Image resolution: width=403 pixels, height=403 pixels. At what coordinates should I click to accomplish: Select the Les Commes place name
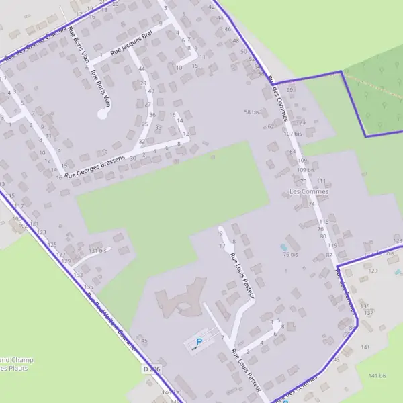(308, 191)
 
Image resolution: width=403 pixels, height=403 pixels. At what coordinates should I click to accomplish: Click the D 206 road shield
(152, 369)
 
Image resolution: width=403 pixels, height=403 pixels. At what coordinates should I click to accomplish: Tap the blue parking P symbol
(199, 342)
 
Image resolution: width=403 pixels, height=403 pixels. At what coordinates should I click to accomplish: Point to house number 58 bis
(251, 112)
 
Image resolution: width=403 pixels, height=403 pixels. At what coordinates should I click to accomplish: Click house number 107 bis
(293, 134)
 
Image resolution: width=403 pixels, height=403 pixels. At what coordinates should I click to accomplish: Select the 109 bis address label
(306, 170)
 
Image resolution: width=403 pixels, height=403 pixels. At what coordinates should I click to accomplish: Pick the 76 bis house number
(290, 255)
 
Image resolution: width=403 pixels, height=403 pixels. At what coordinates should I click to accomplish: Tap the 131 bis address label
(97, 250)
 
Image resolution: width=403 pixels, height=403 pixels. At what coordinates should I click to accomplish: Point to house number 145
(142, 341)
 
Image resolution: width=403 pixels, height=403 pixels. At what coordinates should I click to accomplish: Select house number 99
(290, 89)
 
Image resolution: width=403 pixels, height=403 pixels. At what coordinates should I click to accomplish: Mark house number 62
(271, 126)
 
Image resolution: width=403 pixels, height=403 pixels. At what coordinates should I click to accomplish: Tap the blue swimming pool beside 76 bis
(282, 247)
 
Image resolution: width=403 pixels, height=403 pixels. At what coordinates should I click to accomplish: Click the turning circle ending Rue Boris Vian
(102, 114)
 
